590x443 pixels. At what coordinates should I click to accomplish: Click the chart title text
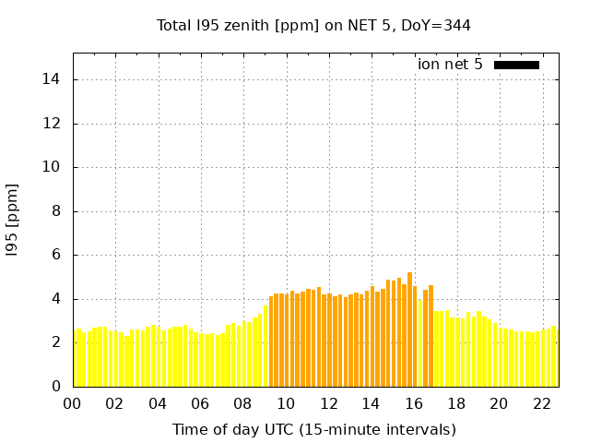click(313, 25)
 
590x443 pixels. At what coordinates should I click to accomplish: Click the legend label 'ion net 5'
click(450, 64)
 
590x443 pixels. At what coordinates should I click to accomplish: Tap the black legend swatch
click(516, 65)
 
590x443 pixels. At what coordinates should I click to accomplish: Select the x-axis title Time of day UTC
click(313, 429)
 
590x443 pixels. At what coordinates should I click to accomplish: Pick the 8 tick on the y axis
click(57, 211)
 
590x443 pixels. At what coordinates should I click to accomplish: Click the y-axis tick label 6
click(57, 255)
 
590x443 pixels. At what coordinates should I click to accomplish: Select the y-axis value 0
click(57, 386)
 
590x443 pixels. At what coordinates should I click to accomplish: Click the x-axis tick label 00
click(72, 404)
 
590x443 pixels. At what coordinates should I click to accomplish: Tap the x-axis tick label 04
click(158, 404)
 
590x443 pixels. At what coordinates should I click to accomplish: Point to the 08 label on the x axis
click(242, 404)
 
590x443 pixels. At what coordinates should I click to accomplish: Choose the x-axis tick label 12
click(328, 404)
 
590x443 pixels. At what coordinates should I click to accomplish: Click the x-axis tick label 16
click(414, 404)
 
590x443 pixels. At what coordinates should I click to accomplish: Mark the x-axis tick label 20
click(499, 404)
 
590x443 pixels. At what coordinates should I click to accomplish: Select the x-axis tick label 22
click(542, 404)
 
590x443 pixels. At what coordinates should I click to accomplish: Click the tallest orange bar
click(409, 329)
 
